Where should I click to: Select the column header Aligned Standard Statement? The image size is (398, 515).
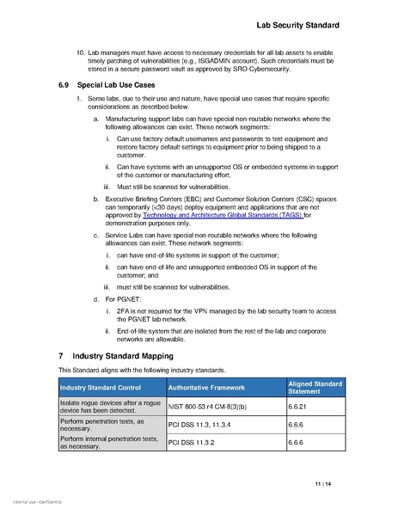click(x=315, y=387)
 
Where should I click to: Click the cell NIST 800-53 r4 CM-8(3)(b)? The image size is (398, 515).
click(x=211, y=408)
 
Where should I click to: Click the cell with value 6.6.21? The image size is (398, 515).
click(x=299, y=408)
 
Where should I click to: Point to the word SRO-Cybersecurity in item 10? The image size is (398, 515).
click(x=261, y=71)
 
